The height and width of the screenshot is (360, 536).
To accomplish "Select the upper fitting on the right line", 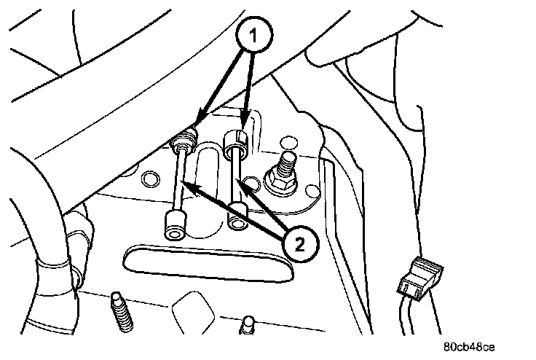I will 237,141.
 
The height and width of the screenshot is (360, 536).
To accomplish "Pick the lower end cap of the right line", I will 237,216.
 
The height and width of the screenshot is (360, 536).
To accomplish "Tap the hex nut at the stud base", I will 280,183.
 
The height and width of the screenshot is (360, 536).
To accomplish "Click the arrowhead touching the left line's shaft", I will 185,184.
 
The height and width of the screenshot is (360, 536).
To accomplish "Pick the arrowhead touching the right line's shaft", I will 243,184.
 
